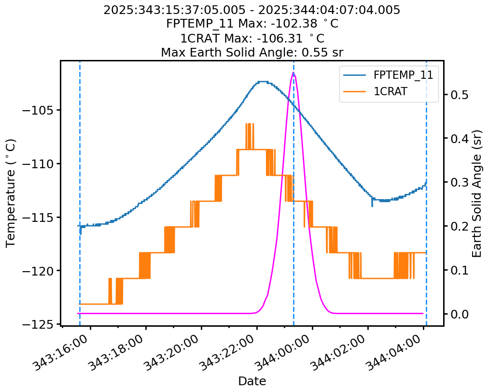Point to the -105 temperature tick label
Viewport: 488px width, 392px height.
(40, 110)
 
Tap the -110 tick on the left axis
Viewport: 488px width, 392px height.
(40, 164)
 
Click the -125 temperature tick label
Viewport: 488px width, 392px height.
(40, 324)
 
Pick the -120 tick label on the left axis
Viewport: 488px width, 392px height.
(40, 271)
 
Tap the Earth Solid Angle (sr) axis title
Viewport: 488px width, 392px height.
(477, 193)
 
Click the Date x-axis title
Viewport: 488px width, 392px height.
(252, 381)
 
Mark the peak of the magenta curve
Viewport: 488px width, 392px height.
(293, 73)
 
